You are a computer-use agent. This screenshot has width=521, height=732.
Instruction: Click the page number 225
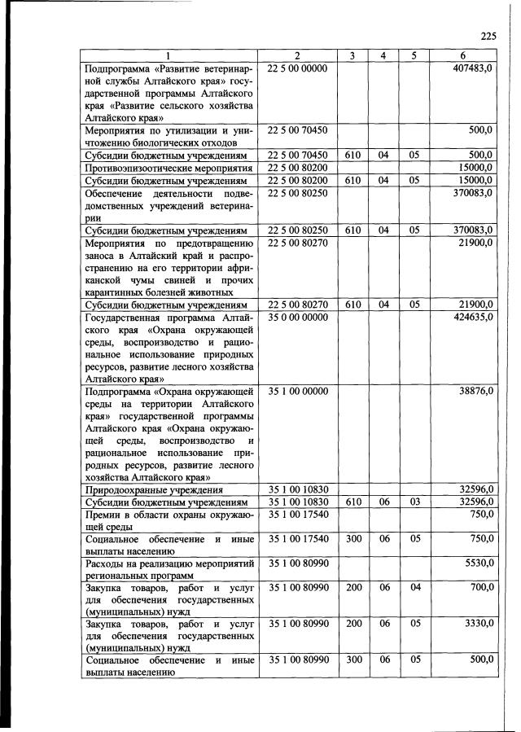(488, 35)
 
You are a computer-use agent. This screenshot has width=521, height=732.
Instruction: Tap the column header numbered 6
(462, 55)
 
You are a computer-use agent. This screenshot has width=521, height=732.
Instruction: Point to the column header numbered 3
(352, 55)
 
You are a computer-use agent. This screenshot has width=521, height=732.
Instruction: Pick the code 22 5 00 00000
(297, 68)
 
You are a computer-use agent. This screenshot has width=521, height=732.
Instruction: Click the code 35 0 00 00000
(297, 316)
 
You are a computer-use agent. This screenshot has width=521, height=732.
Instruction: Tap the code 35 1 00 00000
(297, 391)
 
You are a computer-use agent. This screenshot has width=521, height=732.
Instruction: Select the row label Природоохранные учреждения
(155, 490)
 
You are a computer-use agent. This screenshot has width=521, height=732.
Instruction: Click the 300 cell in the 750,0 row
(352, 539)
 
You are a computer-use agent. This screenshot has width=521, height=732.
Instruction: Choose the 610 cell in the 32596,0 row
(352, 502)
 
